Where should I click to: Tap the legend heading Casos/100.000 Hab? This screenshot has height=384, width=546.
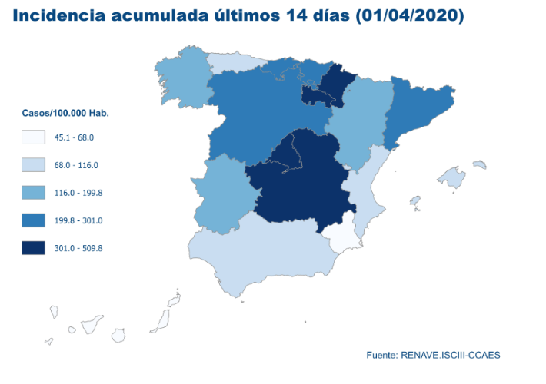[65, 113]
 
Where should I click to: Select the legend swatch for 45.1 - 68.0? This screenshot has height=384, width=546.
[33, 137]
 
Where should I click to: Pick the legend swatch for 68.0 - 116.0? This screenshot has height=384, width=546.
[33, 165]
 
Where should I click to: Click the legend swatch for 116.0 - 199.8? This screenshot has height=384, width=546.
[33, 193]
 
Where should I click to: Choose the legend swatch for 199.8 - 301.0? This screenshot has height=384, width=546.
[33, 220]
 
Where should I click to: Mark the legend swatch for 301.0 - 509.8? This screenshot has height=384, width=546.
[33, 248]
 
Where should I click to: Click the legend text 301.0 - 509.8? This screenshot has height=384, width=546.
[78, 248]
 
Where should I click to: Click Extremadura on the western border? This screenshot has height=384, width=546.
[223, 192]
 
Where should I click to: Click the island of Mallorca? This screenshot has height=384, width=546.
[452, 178]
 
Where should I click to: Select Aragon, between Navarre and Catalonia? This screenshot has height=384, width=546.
[358, 123]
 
